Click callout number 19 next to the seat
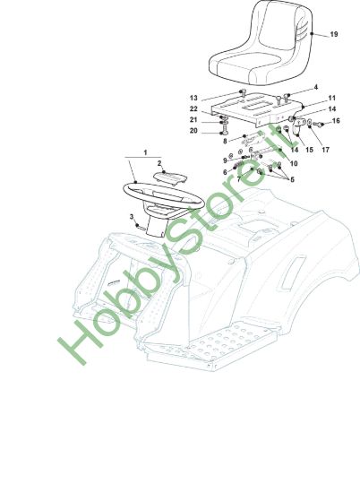click(334, 34)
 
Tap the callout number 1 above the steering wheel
click(145, 152)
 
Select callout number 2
click(159, 163)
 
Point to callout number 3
click(132, 217)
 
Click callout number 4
click(316, 87)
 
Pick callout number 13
click(193, 98)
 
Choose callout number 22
click(193, 108)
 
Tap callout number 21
click(193, 120)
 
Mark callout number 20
click(193, 131)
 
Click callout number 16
click(336, 121)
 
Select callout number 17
click(325, 150)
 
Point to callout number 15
click(309, 150)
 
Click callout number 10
click(294, 163)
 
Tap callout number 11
click(331, 99)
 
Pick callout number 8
click(225, 141)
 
